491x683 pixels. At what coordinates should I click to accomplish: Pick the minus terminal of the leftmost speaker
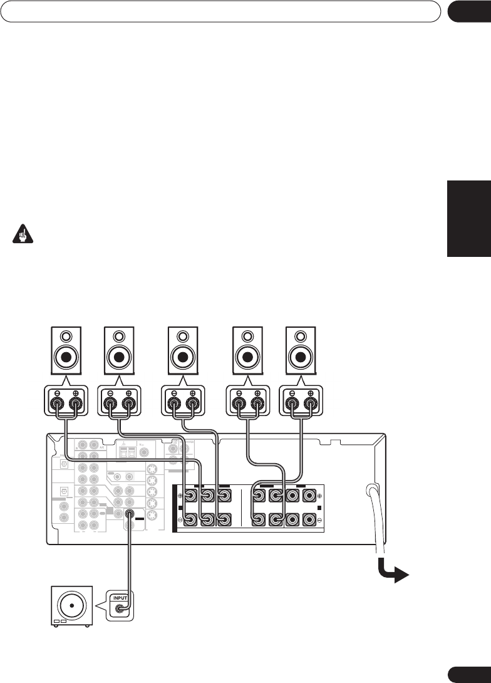[56, 400]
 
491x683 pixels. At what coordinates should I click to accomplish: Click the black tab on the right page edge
[468, 219]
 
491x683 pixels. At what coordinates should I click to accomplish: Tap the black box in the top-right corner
[468, 11]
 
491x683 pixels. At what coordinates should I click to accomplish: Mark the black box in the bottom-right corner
[468, 673]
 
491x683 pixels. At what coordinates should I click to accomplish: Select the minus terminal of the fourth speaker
[238, 400]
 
